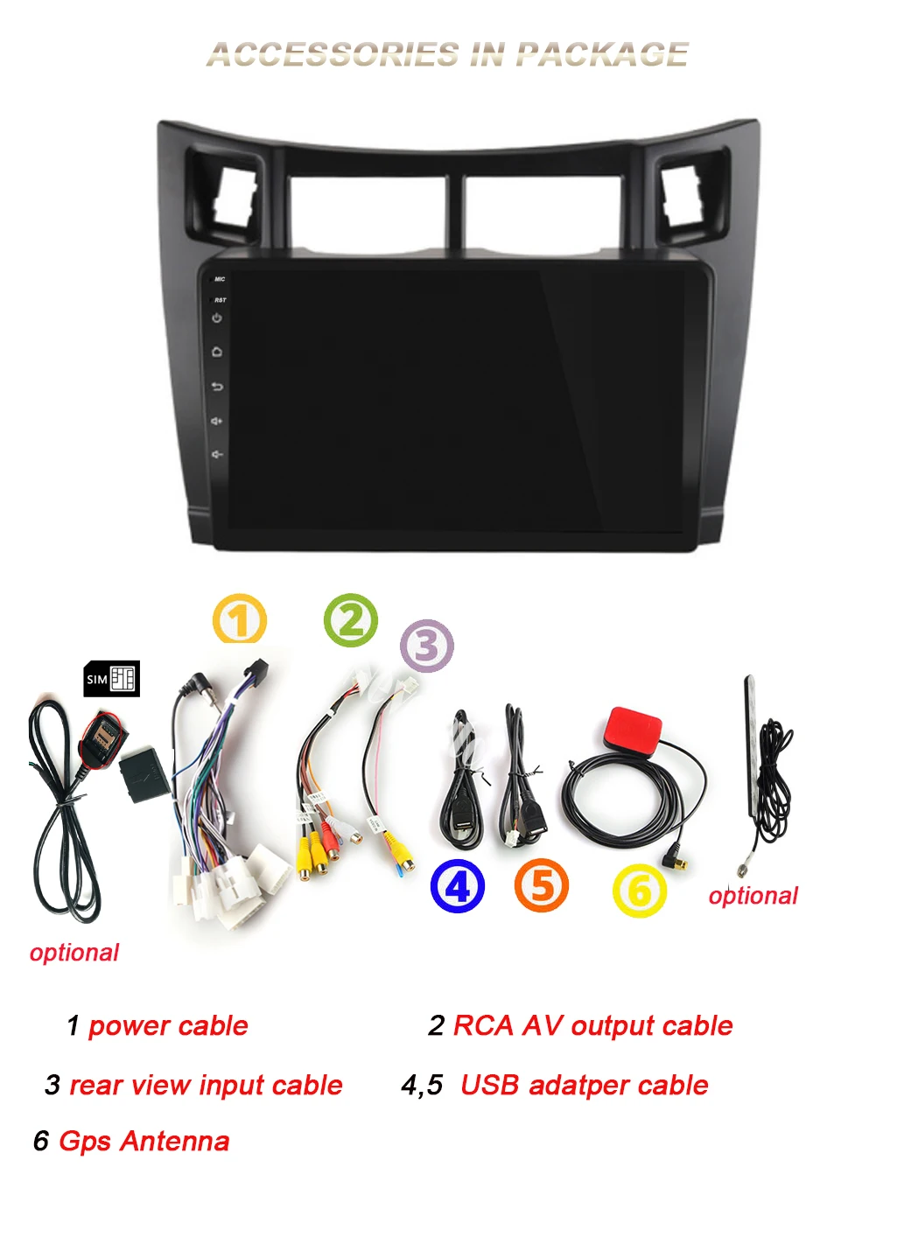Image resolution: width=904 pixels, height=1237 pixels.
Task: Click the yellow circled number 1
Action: point(239,619)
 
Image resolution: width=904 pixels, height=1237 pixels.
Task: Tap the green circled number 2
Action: point(350,620)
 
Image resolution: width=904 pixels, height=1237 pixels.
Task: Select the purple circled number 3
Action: point(427,646)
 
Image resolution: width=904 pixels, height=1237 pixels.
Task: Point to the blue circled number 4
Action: point(457,886)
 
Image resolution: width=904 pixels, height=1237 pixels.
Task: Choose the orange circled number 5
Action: point(541,885)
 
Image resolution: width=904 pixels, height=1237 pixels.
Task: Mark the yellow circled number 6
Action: point(639,891)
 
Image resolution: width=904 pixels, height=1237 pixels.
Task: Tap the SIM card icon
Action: point(111,679)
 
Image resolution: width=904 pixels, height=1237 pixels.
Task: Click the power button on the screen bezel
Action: point(217,318)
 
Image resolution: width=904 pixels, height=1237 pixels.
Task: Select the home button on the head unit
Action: point(217,352)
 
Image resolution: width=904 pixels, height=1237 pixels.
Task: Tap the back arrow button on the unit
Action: point(217,387)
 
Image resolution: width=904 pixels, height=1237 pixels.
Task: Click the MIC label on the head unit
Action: point(220,279)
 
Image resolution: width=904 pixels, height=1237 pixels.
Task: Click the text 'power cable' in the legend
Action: point(168,1025)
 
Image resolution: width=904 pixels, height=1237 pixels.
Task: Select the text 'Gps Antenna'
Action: point(144,1141)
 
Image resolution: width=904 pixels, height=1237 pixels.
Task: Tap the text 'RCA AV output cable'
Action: point(592,1025)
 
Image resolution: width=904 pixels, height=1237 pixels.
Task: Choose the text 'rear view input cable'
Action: point(206,1085)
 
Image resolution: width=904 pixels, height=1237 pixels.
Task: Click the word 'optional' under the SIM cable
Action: point(74,952)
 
